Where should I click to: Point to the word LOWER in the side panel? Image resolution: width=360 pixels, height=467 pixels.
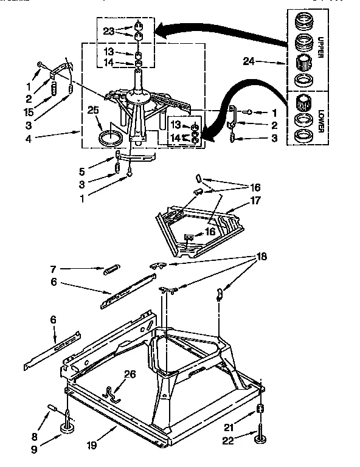tap(321, 116)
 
